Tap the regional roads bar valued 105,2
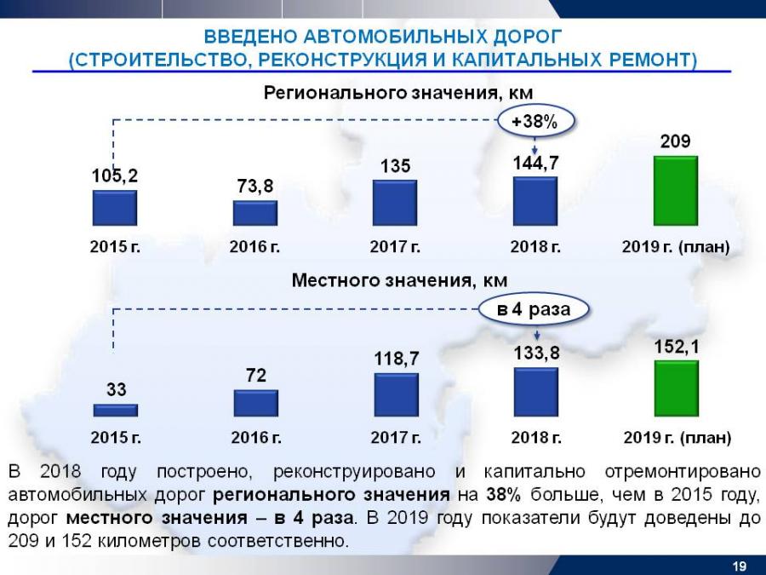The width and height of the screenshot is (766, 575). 114,207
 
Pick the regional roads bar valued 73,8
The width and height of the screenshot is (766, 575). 254,213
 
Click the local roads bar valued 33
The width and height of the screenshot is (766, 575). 115,410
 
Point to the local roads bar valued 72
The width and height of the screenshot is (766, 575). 255,403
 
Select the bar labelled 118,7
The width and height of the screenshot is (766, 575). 396,394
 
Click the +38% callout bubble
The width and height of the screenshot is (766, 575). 534,123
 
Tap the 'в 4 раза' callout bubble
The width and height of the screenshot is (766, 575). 534,309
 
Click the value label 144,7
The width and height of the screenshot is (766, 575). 535,160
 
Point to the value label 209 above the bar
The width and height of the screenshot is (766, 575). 676,141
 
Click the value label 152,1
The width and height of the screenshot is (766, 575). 676,346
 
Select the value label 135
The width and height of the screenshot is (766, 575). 395,166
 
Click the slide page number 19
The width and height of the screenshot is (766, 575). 740,566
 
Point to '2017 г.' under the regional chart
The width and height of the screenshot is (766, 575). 395,247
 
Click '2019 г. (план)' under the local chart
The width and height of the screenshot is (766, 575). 677,438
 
